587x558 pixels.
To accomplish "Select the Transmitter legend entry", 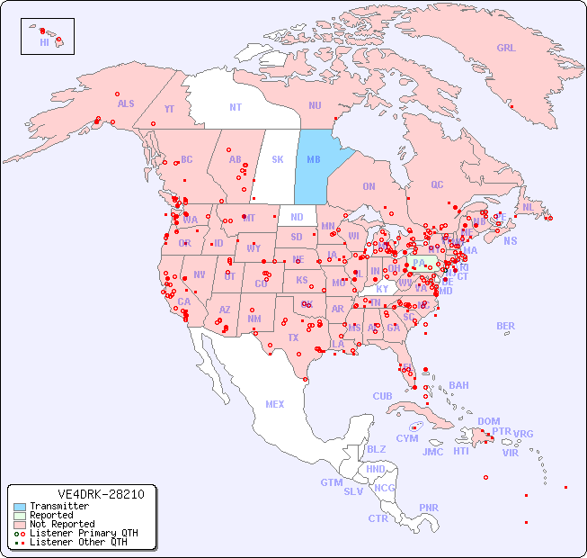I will click(x=58, y=507).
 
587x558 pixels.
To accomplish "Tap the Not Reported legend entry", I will click(x=61, y=524).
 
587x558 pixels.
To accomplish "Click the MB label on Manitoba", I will click(x=314, y=159).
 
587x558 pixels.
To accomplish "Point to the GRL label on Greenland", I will click(x=506, y=48).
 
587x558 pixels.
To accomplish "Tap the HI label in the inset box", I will click(x=44, y=42).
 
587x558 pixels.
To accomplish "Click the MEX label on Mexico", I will click(x=275, y=404).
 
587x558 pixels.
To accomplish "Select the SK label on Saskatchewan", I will click(x=278, y=159).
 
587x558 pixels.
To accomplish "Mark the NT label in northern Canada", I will click(x=236, y=107).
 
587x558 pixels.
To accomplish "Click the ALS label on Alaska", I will click(x=126, y=103).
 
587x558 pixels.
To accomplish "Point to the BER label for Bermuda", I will click(x=506, y=326).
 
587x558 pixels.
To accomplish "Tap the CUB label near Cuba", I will click(x=382, y=396).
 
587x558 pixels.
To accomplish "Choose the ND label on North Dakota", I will click(x=297, y=217).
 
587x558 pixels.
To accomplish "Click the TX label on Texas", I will click(x=292, y=337).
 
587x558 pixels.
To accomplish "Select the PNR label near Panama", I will click(x=429, y=508).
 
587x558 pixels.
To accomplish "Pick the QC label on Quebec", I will click(x=437, y=184).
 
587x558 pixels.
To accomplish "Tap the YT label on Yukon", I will click(x=169, y=109).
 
